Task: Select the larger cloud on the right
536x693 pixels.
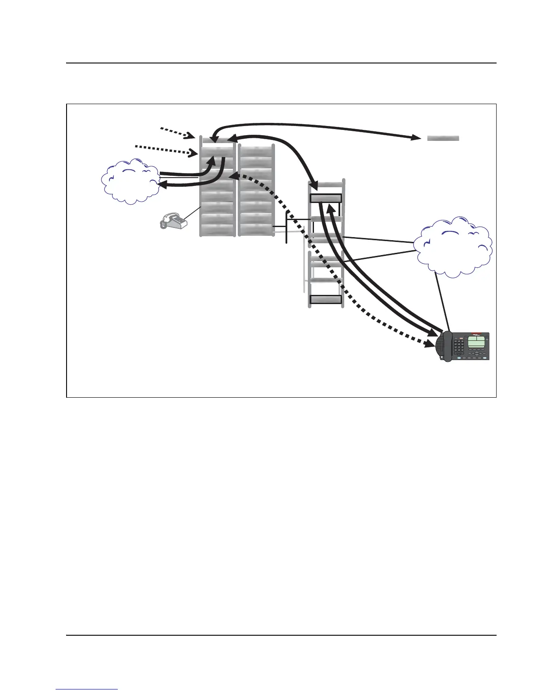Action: (454, 247)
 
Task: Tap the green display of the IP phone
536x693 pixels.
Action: (477, 342)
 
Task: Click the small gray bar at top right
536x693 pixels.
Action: (443, 138)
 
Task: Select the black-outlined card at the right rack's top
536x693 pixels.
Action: (325, 198)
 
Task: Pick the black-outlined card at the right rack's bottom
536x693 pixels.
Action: (325, 300)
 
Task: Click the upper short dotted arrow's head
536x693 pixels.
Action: (192, 136)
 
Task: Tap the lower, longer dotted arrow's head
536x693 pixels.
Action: (193, 154)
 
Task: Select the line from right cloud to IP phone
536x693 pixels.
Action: (442, 302)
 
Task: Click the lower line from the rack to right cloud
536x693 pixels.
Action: (379, 256)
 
